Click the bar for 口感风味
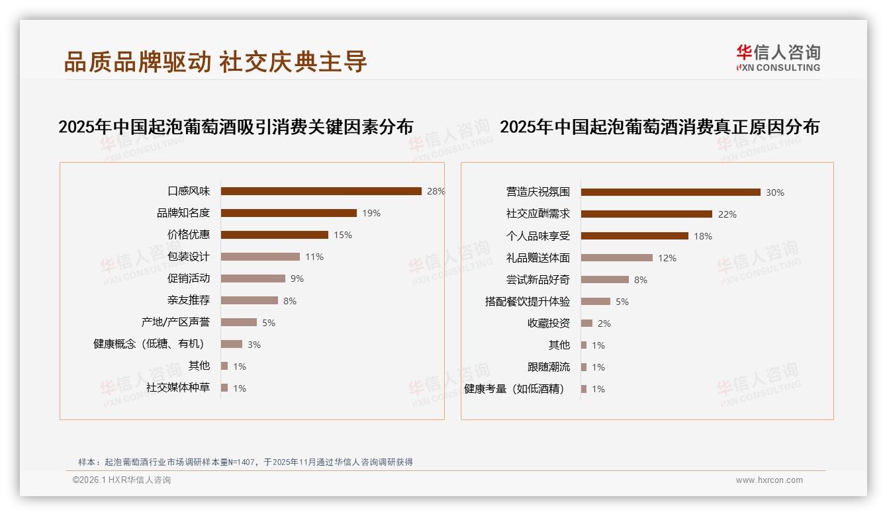pos(321,191)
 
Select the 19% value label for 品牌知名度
pos(371,213)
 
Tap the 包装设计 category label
pos(189,257)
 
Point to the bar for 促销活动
pos(253,279)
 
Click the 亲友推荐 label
pos(189,300)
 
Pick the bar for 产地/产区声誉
pos(238,322)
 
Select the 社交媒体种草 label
pos(178,388)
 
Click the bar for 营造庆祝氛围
pos(671,192)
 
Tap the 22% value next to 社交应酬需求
pos(727,214)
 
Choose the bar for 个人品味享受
pos(635,236)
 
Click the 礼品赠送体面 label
pos(538,258)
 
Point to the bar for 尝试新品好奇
pos(605,279)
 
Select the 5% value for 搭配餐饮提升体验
pos(622,302)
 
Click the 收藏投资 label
pos(549,323)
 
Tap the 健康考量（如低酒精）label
pos(515,389)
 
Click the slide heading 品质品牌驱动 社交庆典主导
pos(215,62)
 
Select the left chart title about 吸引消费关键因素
pos(236,127)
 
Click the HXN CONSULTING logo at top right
pos(778,58)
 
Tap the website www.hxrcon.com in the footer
pos(769,480)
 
